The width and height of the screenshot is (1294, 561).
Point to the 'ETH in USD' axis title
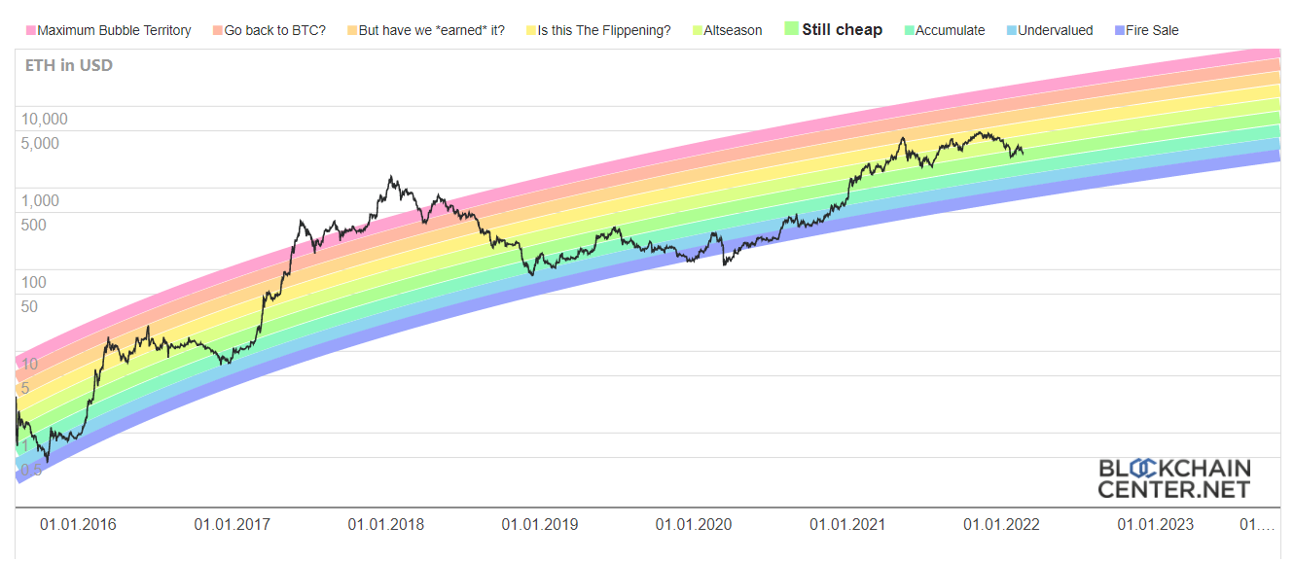point(68,66)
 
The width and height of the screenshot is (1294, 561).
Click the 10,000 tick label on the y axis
point(45,120)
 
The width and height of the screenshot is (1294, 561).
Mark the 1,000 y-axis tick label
point(41,201)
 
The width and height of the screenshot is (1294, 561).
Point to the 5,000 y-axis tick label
point(41,143)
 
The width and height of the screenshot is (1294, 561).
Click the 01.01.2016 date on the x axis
point(78,525)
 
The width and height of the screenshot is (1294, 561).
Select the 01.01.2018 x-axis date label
point(386,525)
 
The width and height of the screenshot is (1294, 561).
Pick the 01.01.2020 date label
point(694,525)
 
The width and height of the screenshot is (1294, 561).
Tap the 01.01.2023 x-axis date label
point(1155,525)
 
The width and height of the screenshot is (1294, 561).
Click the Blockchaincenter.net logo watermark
point(1174,478)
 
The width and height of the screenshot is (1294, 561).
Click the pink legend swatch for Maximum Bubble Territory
point(30,30)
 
